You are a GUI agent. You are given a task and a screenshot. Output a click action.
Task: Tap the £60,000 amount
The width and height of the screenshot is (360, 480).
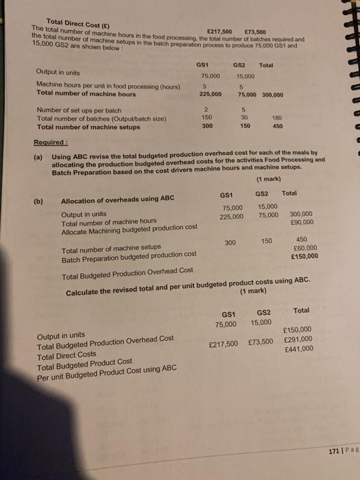tap(305, 249)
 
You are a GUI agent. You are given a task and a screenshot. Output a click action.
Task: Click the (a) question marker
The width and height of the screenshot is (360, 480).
tap(38, 156)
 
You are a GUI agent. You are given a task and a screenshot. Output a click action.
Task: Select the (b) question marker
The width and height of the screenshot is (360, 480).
tap(39, 201)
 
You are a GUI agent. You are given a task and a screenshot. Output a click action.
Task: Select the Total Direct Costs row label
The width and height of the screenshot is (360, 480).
tap(67, 354)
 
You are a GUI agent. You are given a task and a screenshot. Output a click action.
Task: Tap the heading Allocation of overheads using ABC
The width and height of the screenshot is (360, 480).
tap(118, 201)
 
